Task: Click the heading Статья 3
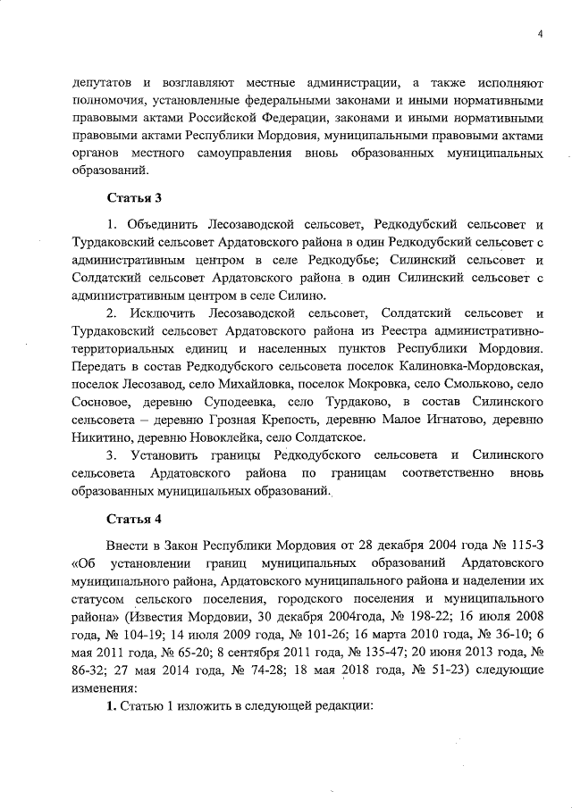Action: [x=134, y=196]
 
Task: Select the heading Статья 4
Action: [x=134, y=518]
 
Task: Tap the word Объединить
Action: [x=163, y=224]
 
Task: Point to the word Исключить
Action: [x=163, y=313]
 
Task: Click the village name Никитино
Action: [x=97, y=437]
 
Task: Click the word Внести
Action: [x=126, y=544]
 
